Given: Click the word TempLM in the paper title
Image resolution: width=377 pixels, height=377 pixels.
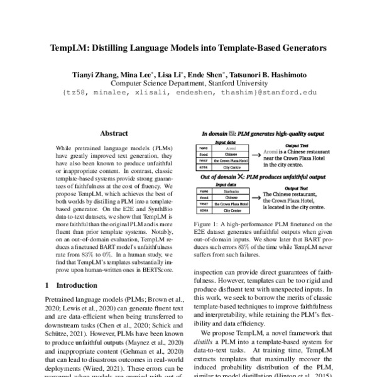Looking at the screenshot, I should (x=69, y=47).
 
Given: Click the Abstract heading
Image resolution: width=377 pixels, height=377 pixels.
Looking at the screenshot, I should (x=114, y=133).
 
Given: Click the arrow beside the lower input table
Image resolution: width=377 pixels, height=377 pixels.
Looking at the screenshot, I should (x=256, y=199).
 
